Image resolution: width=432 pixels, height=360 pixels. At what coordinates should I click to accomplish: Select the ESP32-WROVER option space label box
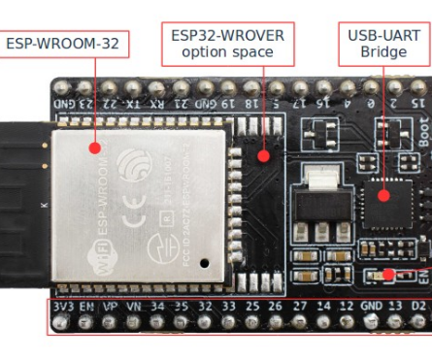coord(227,43)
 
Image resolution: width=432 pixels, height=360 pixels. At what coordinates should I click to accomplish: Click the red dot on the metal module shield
coord(94,148)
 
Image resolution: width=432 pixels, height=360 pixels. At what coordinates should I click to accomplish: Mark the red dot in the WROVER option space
coord(262,154)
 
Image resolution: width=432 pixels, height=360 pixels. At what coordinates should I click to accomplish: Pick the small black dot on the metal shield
coord(204,262)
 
